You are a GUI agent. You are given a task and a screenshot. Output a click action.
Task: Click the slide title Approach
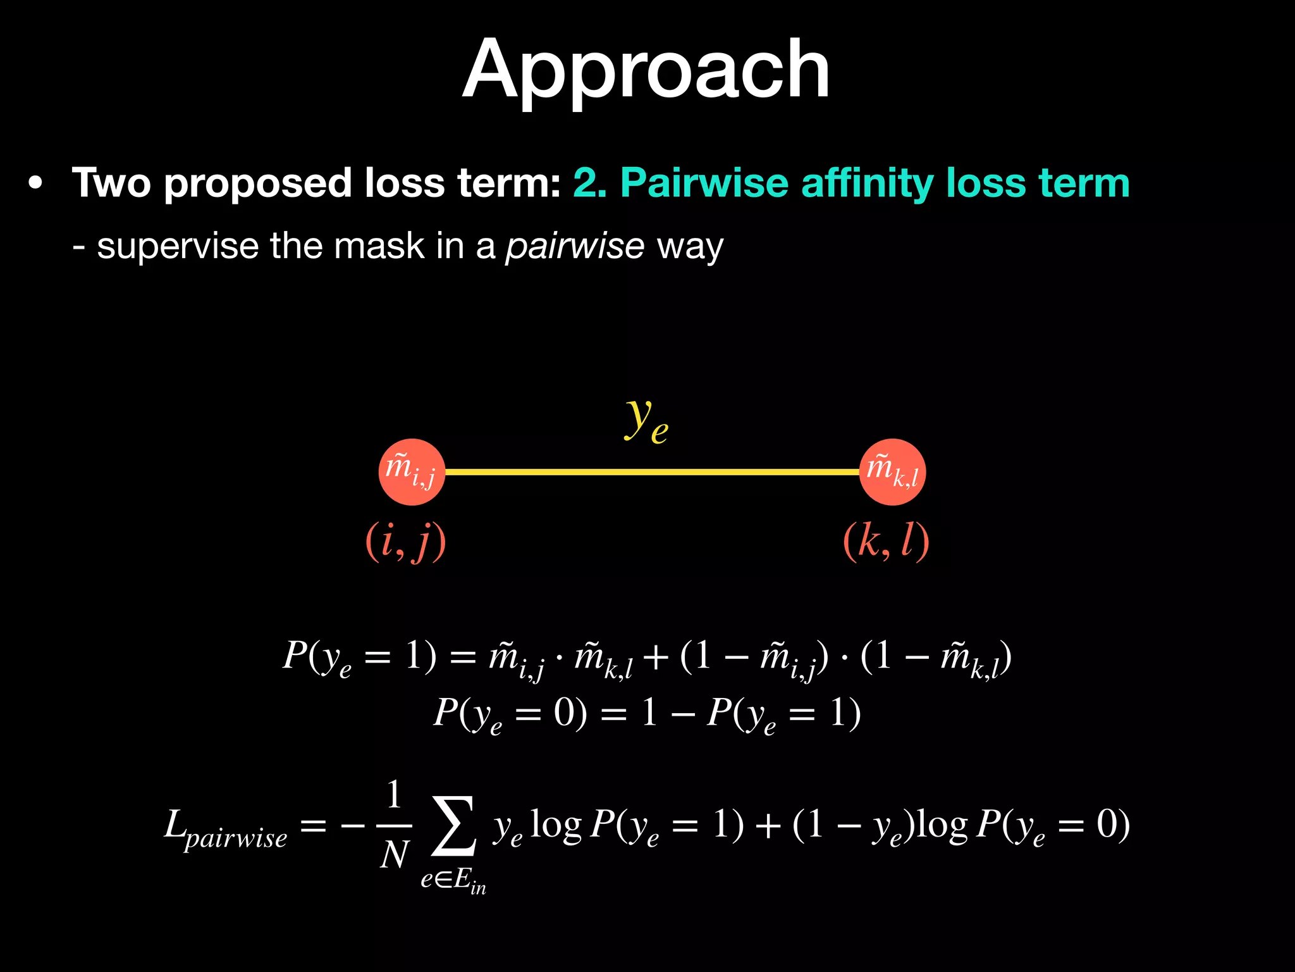(646, 70)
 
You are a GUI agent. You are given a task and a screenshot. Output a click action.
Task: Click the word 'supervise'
(178, 247)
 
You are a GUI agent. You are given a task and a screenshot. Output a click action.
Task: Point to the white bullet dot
(36, 184)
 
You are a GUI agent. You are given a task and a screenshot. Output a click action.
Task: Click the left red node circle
(412, 472)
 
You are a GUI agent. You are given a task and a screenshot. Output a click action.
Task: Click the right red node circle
(892, 472)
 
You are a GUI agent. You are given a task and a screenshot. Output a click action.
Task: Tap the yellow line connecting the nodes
(651, 472)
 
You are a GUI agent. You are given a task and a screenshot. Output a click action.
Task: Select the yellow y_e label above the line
(646, 420)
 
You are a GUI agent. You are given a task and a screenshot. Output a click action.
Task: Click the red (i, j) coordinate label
(406, 542)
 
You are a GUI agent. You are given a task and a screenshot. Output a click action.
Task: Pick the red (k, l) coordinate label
(886, 542)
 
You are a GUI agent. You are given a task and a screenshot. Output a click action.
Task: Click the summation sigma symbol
(453, 825)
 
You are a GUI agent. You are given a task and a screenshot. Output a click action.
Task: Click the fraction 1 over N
(394, 825)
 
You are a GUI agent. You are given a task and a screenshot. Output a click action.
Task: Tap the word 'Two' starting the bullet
(111, 184)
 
